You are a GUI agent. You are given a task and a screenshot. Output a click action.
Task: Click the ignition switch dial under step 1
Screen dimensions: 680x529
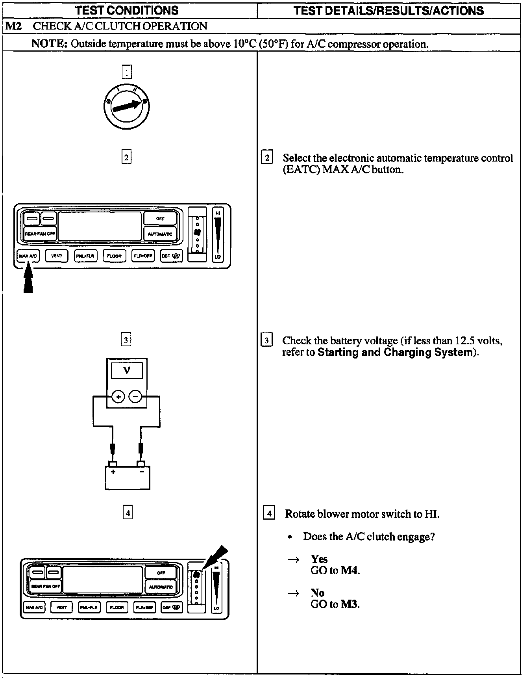126,106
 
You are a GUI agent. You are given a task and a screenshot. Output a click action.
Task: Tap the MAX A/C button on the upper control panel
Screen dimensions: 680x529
28,256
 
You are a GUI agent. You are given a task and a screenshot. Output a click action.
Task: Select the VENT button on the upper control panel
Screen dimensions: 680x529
57,256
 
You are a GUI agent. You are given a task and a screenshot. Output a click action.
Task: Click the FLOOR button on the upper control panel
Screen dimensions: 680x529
114,256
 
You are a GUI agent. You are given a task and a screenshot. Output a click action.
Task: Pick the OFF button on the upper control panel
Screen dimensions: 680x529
160,219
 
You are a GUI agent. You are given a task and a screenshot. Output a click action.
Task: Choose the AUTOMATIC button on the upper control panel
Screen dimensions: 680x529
160,234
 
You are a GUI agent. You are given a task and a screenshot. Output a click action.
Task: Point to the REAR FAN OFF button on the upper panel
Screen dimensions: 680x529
41,234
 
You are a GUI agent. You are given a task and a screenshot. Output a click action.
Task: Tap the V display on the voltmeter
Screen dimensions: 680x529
127,370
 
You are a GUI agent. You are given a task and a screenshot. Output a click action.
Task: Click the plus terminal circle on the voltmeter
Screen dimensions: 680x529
118,397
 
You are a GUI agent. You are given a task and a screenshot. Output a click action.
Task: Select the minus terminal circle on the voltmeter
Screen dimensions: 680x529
135,397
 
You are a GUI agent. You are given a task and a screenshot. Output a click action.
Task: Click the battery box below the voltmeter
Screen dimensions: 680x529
128,477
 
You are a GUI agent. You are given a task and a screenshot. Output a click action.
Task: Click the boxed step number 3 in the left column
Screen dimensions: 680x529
126,340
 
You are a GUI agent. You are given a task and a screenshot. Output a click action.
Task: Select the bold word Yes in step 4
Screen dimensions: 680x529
319,559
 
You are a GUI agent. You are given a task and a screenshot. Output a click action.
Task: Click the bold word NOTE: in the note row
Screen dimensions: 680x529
50,44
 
